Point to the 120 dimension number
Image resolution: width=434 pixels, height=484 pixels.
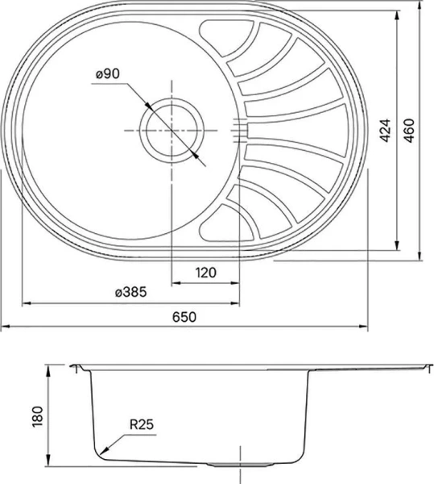point(206,273)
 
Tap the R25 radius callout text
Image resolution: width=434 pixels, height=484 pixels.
point(142,422)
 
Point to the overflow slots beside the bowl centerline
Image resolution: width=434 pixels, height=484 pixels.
point(240,129)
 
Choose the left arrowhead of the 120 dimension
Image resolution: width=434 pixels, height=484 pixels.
point(176,283)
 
